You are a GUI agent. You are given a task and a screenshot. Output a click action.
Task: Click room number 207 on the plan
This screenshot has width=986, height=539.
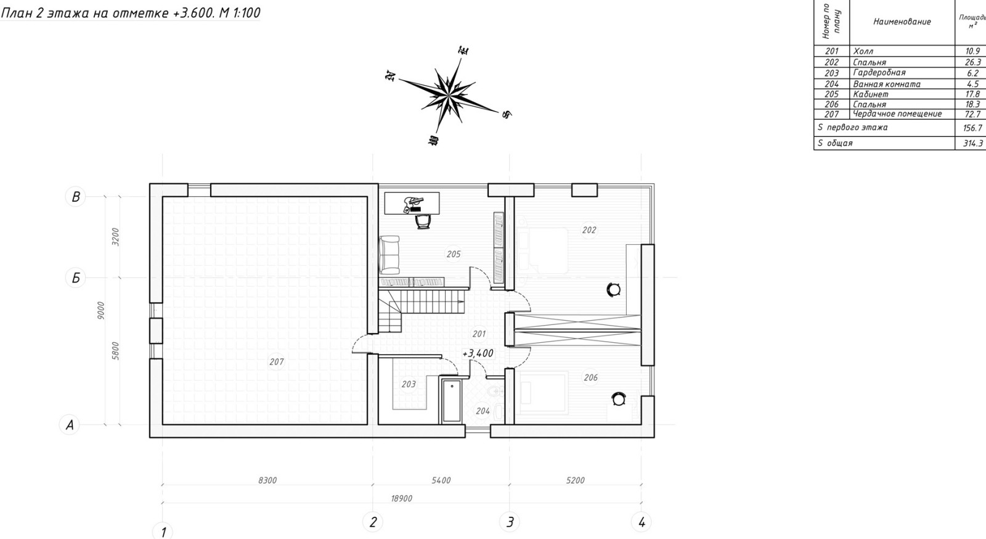click(277, 362)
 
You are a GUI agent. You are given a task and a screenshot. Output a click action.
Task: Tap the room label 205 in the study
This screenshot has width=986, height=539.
click(454, 254)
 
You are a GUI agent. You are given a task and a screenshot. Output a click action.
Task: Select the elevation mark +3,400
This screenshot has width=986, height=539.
click(478, 353)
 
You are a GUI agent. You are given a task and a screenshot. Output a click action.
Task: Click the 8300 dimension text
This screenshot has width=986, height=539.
click(267, 480)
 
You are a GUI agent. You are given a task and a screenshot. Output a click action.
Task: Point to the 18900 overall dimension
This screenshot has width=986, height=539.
click(401, 498)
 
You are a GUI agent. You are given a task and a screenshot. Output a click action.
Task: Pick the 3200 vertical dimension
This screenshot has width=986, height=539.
click(115, 236)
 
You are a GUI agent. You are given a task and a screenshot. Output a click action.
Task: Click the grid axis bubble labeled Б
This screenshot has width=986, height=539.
click(76, 278)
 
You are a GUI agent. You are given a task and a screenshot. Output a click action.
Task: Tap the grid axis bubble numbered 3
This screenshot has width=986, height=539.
click(510, 522)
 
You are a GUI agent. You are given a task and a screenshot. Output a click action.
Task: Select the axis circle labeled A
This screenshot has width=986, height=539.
click(70, 425)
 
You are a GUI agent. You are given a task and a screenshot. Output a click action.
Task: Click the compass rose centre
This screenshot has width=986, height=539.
click(448, 94)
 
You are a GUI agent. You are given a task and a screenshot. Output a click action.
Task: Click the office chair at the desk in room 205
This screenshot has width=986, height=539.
click(423, 221)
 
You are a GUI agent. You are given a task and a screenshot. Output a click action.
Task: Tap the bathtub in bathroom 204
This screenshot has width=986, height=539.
click(451, 400)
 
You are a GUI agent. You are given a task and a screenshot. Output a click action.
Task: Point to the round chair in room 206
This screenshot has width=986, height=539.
click(619, 399)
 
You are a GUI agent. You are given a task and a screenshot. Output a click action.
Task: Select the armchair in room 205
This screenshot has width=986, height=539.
click(389, 254)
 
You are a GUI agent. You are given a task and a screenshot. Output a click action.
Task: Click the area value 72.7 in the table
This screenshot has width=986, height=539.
click(972, 115)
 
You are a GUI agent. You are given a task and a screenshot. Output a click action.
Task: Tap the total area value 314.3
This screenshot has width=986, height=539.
click(973, 143)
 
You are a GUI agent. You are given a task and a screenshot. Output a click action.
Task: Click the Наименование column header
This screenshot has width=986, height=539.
click(902, 22)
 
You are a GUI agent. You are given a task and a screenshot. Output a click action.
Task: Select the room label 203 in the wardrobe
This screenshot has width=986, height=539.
click(409, 384)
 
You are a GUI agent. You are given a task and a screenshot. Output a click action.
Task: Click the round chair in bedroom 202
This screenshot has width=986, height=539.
click(613, 289)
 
